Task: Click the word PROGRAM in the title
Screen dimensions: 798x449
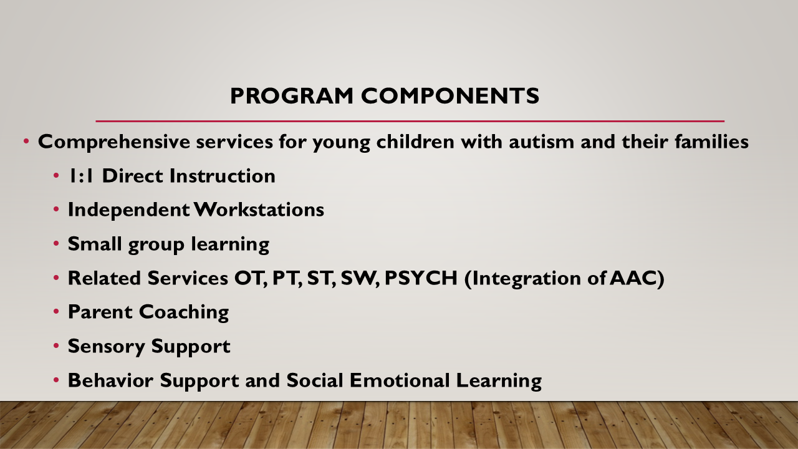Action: click(292, 96)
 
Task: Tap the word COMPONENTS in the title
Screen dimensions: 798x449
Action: click(450, 96)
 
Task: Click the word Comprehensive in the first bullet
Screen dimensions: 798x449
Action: click(114, 142)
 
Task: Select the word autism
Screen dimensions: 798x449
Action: click(542, 142)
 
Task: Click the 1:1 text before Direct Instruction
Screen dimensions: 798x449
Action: click(81, 176)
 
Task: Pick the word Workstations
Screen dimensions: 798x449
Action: click(259, 210)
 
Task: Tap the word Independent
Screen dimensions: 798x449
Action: click(128, 210)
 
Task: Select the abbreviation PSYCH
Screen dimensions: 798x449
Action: click(421, 278)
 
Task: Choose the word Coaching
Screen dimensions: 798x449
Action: click(184, 312)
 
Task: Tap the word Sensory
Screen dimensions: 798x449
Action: click(106, 347)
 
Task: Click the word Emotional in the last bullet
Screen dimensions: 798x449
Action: click(400, 380)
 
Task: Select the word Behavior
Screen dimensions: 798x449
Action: click(110, 380)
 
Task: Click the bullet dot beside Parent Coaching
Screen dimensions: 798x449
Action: click(56, 312)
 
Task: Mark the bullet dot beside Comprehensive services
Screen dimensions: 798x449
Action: click(26, 142)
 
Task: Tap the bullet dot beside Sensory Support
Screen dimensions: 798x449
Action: click(56, 346)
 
